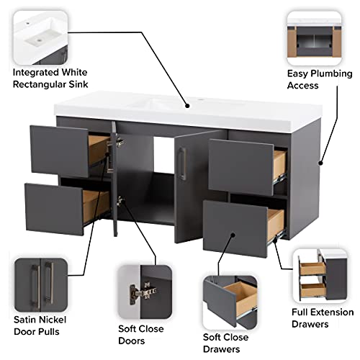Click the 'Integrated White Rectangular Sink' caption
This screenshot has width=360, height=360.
point(55,78)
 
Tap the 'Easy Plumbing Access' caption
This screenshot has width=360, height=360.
point(320,80)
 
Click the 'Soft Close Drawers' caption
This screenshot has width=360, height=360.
point(225,343)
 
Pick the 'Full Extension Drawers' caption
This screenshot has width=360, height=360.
point(322,318)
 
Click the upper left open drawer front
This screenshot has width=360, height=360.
point(59,149)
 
